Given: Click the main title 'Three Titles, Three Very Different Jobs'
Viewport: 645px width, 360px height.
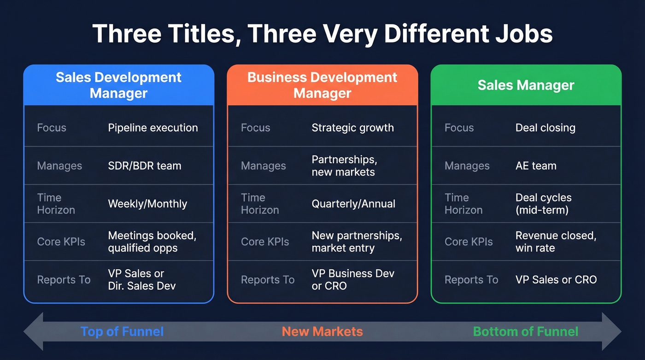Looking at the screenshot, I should tap(322, 33).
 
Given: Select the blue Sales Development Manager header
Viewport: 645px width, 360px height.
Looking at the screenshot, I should tap(118, 85).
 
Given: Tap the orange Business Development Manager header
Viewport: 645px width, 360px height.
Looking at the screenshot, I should tap(322, 85).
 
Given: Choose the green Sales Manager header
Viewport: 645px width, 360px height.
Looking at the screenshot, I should tap(526, 85).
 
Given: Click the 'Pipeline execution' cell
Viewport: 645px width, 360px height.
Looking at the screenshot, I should tap(152, 128).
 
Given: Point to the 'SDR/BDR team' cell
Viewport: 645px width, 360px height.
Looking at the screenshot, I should tap(144, 165).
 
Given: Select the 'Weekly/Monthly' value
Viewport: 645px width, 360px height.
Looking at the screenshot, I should tap(147, 204).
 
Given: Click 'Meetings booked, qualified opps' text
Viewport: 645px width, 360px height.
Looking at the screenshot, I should tap(152, 242).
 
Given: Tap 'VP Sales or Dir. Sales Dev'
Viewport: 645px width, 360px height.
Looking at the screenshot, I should tap(141, 279).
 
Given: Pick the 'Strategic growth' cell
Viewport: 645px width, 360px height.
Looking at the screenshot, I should tap(352, 128).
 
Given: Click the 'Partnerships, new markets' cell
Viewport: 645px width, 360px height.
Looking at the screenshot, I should tap(344, 165).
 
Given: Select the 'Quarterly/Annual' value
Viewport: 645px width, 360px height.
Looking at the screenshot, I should tap(353, 204).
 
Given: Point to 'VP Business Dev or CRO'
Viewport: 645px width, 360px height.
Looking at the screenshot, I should tap(353, 279).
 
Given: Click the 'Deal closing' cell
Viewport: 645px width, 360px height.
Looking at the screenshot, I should tap(545, 128).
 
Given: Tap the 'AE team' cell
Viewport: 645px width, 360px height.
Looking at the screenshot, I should tap(536, 165).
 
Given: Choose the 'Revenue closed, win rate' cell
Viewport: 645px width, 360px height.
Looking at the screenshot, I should tap(556, 242).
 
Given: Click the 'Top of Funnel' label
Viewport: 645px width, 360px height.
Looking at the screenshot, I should tap(122, 331).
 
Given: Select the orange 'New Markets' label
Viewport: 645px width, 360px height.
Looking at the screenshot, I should tap(322, 331).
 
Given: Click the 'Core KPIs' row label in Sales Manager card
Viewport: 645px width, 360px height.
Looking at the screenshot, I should tap(469, 242).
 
